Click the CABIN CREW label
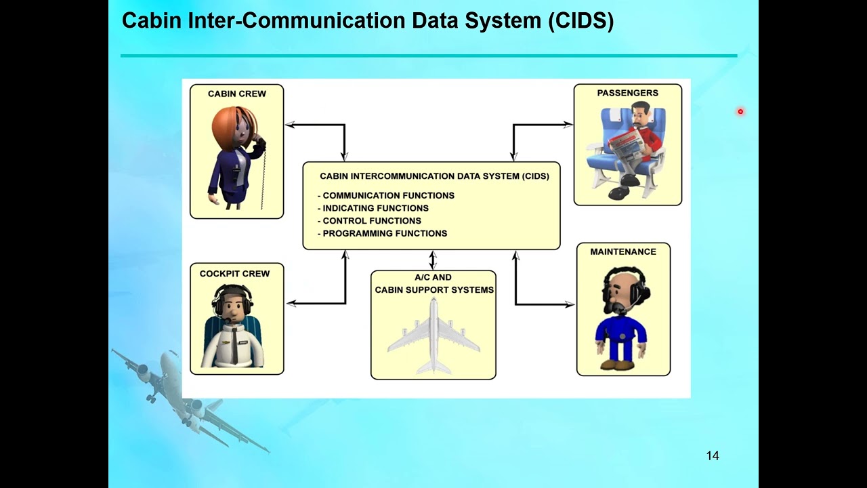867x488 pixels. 236,94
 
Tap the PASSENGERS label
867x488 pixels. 627,93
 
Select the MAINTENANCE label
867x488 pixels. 622,251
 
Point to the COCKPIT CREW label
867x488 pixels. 234,274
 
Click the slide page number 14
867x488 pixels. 712,456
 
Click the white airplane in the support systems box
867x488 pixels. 433,335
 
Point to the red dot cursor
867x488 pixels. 740,111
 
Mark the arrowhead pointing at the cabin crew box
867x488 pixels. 290,125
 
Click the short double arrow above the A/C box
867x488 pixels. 433,260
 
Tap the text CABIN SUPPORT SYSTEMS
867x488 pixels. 434,289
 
